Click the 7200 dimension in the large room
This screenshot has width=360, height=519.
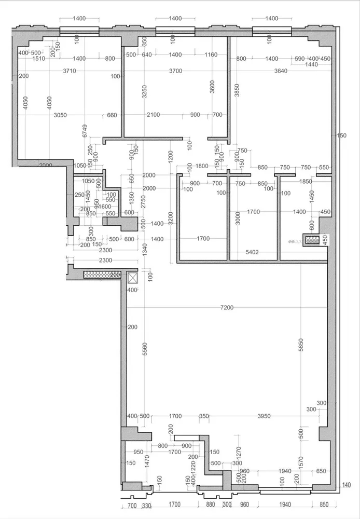(x=227, y=308)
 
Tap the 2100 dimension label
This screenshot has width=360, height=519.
(x=153, y=115)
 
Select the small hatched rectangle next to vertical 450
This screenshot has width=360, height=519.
(x=312, y=240)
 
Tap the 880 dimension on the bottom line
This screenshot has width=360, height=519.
(x=210, y=504)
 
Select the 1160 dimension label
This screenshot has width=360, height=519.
(x=211, y=54)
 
